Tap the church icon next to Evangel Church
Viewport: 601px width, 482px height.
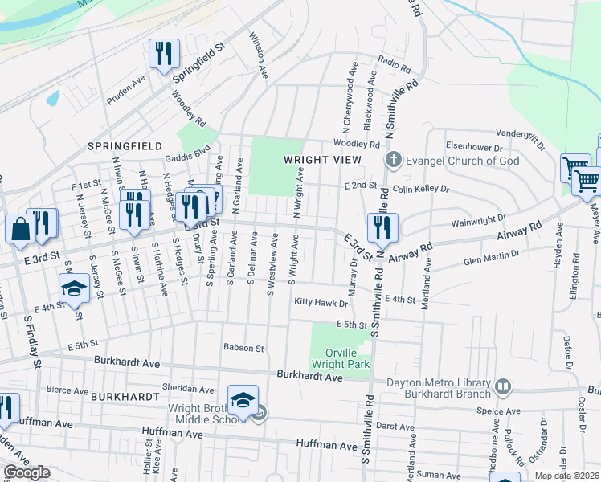point(394,159)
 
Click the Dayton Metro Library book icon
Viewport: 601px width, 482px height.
point(503,387)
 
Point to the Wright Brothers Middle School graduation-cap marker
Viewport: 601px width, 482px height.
point(243,399)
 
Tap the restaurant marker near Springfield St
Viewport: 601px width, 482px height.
point(164,55)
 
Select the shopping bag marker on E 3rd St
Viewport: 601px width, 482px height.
point(19,228)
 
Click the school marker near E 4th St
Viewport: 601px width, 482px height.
point(74,287)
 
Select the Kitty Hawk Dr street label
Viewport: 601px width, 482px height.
point(321,303)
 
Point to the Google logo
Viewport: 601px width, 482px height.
point(27,473)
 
